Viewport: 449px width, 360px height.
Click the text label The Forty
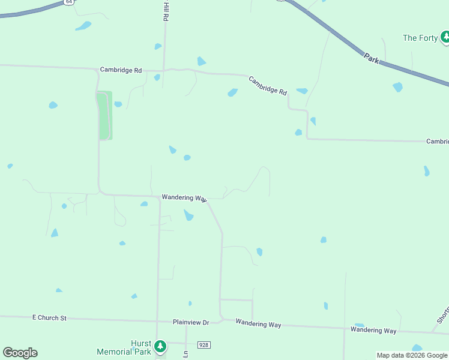(420, 38)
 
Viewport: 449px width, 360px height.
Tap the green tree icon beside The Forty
(445, 38)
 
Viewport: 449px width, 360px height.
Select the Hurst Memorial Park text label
(124, 347)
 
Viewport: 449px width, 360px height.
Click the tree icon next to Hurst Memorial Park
(160, 346)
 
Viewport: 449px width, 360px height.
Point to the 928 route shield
(203, 345)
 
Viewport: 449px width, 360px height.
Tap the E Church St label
(50, 317)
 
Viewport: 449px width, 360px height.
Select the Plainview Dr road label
(190, 322)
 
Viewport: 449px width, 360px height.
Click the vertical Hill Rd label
(166, 11)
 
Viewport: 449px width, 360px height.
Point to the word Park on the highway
(372, 58)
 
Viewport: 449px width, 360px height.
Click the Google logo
(20, 353)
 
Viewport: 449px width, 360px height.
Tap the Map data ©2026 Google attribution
(412, 355)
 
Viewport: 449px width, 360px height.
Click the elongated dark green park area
(104, 116)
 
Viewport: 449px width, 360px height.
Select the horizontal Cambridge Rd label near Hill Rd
(121, 70)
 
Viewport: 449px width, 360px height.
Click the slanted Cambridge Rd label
(268, 85)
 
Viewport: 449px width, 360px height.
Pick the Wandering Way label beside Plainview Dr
(258, 324)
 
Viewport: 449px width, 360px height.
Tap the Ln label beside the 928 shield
(186, 354)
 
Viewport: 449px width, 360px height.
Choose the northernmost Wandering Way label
(184, 197)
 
